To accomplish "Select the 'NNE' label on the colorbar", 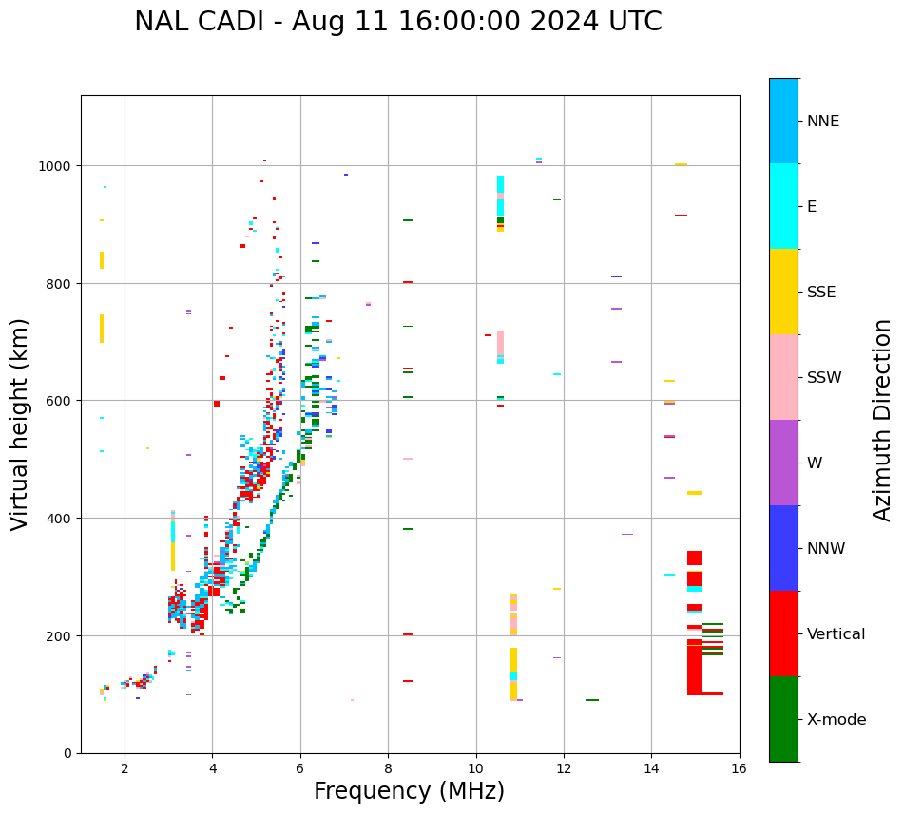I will [823, 122].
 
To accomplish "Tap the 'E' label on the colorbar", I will [812, 207].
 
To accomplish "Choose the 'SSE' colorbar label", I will [821, 293].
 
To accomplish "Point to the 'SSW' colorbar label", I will [824, 378].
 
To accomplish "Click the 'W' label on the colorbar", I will [815, 463].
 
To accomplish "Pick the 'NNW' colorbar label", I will [826, 549].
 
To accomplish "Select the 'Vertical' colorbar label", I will [836, 634].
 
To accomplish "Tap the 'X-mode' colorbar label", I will [837, 720].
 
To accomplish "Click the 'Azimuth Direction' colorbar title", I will [883, 420].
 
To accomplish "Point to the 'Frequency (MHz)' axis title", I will [409, 791].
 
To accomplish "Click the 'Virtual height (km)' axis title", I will [20, 424].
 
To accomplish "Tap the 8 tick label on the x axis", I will [388, 768].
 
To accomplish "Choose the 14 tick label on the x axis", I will [651, 768].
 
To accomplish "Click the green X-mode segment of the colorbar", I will [783, 719].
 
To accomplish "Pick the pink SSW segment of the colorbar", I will [783, 377].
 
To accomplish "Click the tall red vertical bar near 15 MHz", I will [694, 665].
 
